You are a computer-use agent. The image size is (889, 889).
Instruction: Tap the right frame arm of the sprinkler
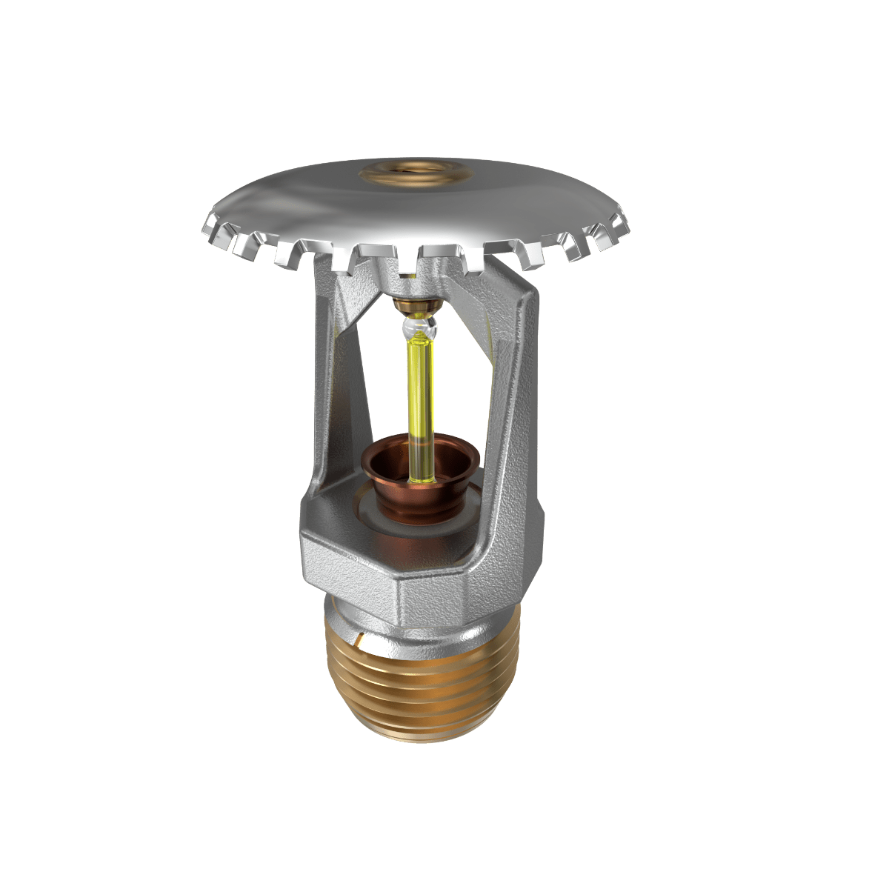tap(519, 400)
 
